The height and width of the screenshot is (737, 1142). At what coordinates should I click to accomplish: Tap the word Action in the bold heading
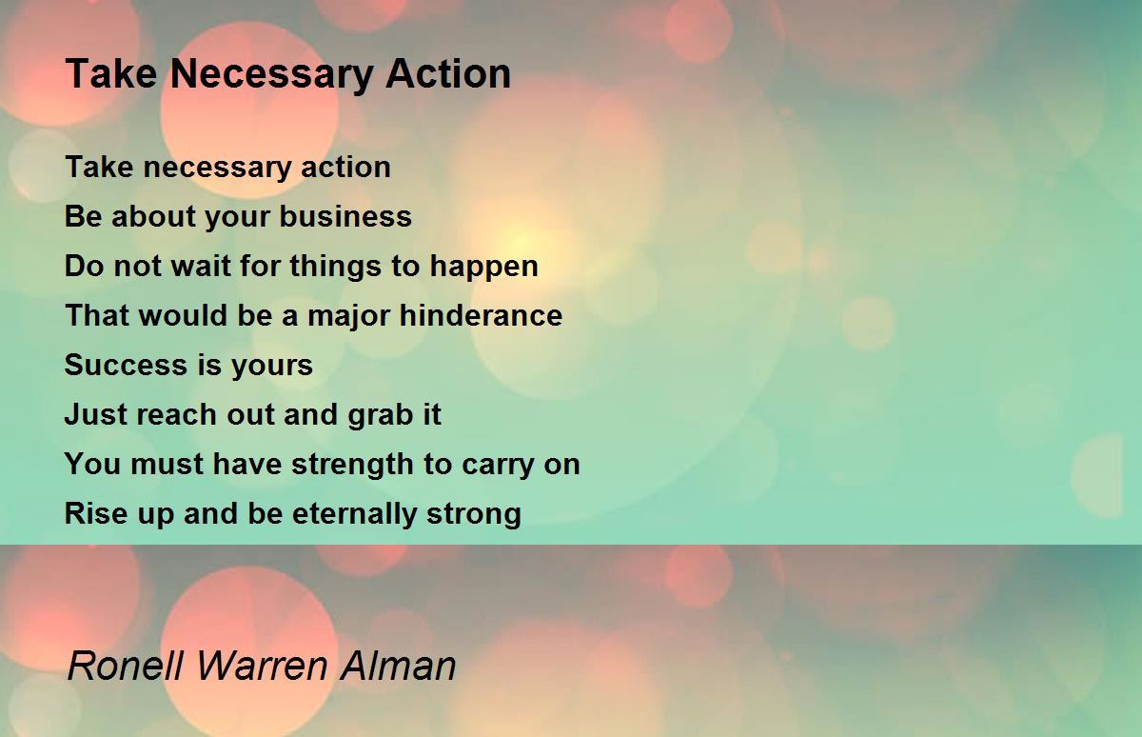click(x=448, y=73)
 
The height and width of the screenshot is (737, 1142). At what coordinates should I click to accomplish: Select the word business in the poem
click(x=345, y=216)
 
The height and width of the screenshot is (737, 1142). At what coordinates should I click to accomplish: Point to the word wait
click(x=201, y=266)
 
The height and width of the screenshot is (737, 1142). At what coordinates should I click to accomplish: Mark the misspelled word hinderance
click(x=481, y=314)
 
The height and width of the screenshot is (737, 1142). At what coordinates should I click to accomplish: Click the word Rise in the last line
click(x=96, y=513)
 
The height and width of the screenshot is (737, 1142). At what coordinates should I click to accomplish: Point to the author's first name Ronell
click(x=126, y=666)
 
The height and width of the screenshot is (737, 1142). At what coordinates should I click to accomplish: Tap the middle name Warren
click(x=262, y=666)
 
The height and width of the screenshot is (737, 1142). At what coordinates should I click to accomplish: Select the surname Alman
click(x=398, y=666)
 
